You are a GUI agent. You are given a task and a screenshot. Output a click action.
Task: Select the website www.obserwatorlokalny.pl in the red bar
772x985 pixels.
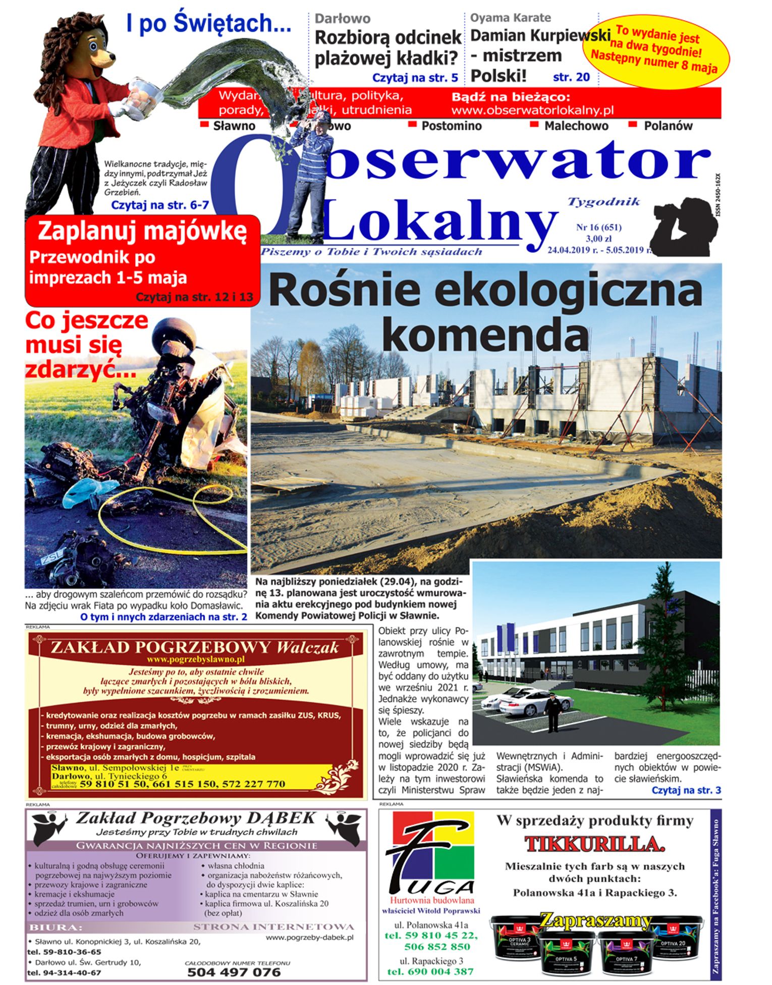tap(532, 110)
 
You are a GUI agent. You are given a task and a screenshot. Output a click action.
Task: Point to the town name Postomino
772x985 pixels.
tap(451, 126)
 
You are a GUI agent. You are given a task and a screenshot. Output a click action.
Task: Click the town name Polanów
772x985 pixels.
tap(668, 126)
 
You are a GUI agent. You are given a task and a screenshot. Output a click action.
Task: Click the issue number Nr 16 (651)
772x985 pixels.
tap(598, 228)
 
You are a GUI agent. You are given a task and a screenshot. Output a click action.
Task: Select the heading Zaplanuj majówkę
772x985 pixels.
tap(142, 232)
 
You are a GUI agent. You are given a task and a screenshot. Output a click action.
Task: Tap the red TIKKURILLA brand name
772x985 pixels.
tap(594, 844)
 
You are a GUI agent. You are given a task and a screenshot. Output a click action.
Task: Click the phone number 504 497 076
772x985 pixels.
tap(234, 972)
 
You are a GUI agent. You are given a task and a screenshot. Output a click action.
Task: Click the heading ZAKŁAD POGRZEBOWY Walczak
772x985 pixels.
tap(195, 647)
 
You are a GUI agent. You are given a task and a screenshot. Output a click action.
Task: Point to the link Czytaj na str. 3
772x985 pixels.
tap(686, 790)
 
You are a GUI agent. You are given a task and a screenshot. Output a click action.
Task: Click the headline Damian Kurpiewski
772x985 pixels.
tap(540, 36)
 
